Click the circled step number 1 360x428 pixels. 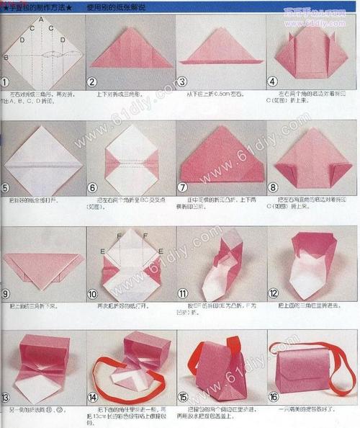(x=6, y=83)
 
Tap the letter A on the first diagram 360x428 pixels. (x=40, y=19)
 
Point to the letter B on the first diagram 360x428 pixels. (x=6, y=57)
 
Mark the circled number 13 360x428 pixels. (x=6, y=397)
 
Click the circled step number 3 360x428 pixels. (x=183, y=83)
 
